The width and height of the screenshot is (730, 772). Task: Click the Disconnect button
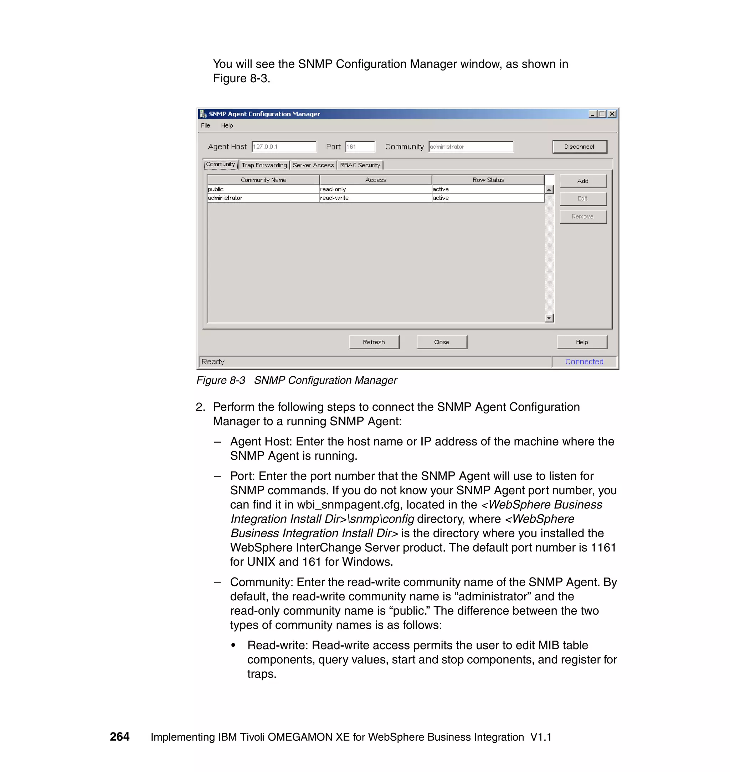(x=580, y=147)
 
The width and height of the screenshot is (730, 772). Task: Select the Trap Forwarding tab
(x=264, y=165)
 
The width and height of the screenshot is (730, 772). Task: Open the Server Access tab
(x=313, y=165)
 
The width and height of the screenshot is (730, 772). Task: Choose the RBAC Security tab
(x=360, y=165)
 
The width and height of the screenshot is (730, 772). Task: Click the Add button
(x=582, y=181)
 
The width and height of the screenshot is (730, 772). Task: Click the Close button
(x=441, y=342)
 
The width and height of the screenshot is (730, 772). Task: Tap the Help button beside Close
(x=581, y=342)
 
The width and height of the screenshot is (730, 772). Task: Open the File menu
(x=205, y=126)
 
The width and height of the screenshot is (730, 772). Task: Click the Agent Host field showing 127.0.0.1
(x=284, y=147)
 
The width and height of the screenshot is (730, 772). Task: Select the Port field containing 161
(x=360, y=147)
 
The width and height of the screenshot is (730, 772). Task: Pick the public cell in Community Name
(x=263, y=189)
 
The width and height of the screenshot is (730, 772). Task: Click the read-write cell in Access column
(x=375, y=198)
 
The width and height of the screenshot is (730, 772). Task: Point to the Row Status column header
(x=488, y=180)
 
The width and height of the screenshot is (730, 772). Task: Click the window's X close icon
(x=612, y=114)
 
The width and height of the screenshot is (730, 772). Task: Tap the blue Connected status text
(x=584, y=361)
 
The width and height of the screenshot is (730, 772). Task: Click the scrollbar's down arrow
(x=549, y=318)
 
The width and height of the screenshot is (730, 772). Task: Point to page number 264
(x=119, y=737)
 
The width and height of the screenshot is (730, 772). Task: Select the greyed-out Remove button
(x=582, y=217)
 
